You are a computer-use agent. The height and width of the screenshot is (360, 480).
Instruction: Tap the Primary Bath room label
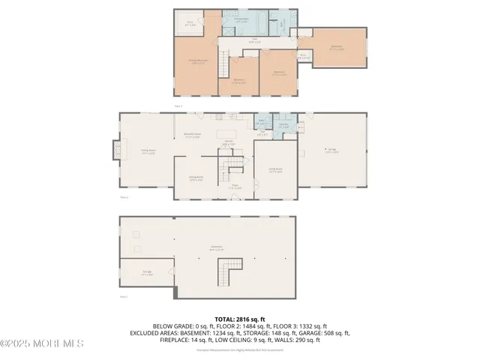click(241, 22)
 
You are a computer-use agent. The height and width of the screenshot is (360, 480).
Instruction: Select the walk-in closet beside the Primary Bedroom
click(190, 23)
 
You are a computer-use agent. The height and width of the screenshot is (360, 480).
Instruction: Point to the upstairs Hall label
click(255, 42)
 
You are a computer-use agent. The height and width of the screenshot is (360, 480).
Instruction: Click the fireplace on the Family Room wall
click(115, 150)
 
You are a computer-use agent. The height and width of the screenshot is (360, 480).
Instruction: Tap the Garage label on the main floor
click(331, 150)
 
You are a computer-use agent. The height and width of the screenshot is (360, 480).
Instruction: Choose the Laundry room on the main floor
click(284, 126)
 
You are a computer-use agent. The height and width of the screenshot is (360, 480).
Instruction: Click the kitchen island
click(226, 134)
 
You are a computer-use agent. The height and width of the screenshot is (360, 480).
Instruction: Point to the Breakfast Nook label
click(191, 136)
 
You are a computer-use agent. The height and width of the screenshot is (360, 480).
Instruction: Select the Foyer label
click(234, 187)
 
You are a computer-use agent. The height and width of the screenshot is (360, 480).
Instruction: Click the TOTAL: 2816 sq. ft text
click(239, 319)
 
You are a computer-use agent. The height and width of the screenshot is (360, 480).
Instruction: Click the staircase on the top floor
click(223, 64)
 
